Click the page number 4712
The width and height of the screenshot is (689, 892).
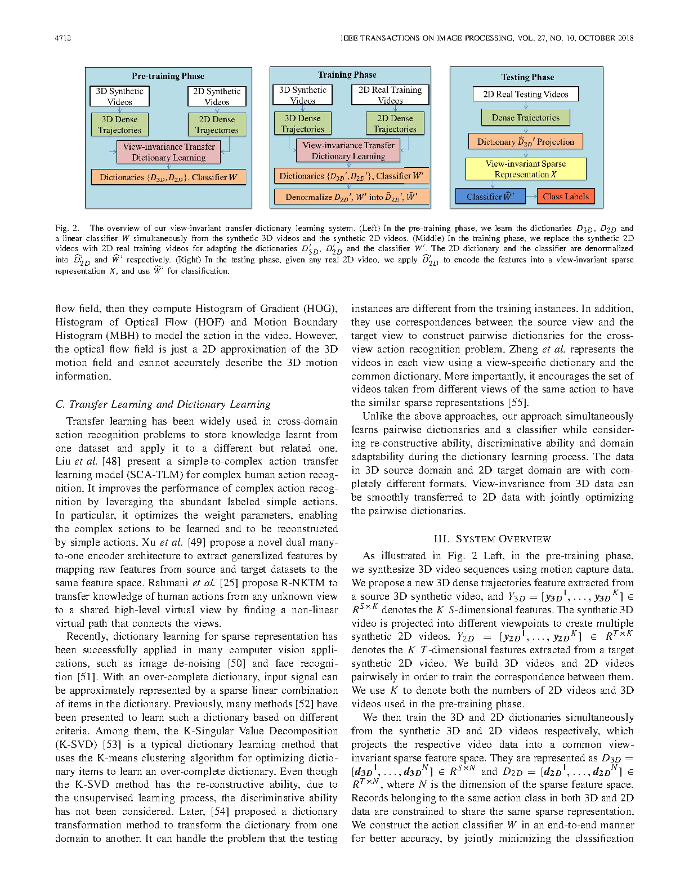coord(62,38)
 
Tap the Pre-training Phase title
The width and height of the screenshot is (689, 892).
coord(168,76)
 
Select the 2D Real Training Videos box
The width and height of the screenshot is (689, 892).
coord(390,95)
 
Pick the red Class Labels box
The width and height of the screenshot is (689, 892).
coord(566,197)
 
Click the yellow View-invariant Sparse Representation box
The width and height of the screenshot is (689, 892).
coord(525,169)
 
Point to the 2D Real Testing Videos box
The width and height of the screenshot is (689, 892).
coord(525,94)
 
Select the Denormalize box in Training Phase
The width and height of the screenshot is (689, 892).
coord(351,197)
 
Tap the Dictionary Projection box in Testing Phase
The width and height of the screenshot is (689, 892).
coord(525,141)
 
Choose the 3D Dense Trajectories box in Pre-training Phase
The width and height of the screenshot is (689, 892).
coord(119,124)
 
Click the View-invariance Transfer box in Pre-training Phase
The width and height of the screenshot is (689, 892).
coord(168,152)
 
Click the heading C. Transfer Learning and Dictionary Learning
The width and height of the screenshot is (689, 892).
coord(163,404)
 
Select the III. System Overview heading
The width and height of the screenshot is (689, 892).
coord(492,539)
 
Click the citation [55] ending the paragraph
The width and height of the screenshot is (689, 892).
coord(518,403)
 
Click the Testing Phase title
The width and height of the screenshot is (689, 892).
coord(527,77)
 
